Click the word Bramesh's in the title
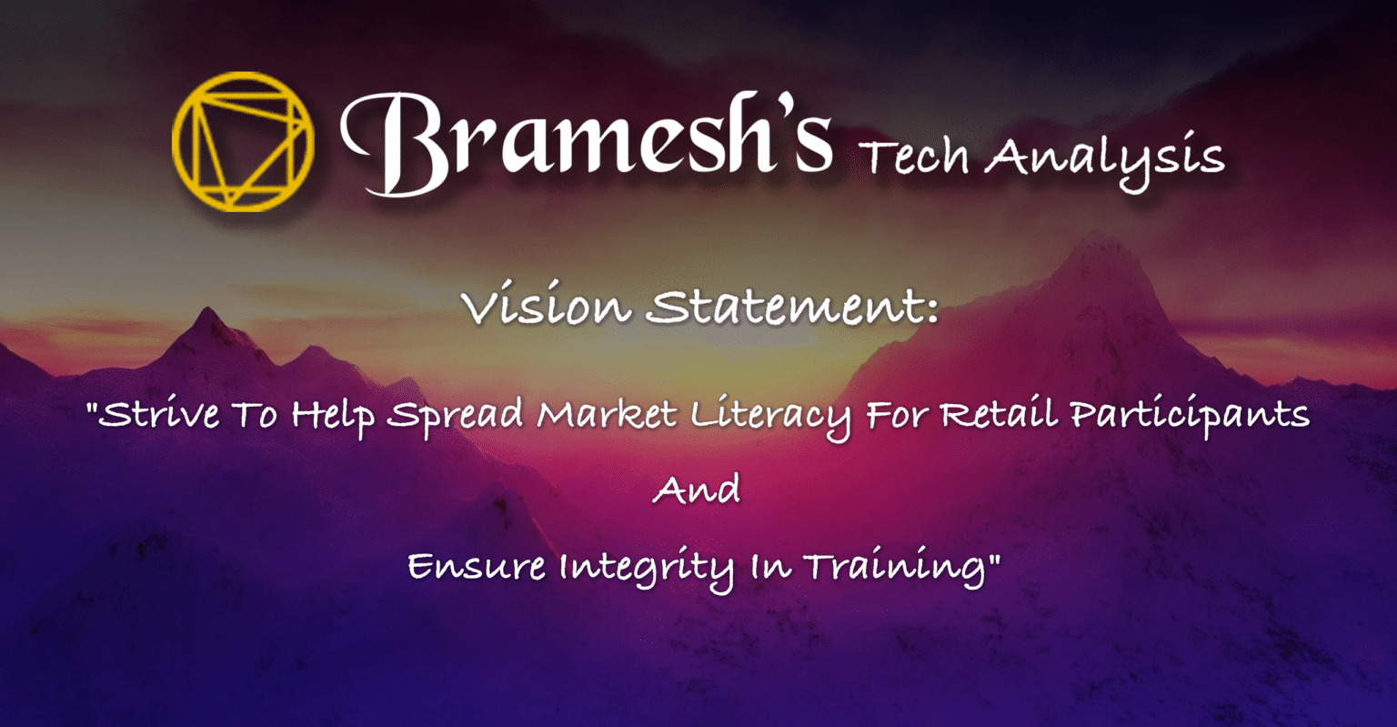[x=587, y=143]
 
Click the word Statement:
[x=792, y=306]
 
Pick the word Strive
[x=159, y=414]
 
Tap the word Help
[x=333, y=416]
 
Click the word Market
[x=607, y=414]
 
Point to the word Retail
[x=999, y=412]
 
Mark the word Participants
[x=1190, y=416]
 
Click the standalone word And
[x=698, y=490]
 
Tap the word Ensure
[x=477, y=567]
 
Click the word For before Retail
[x=896, y=414]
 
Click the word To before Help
[x=255, y=414]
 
